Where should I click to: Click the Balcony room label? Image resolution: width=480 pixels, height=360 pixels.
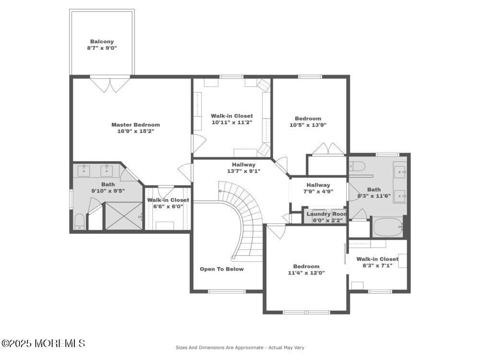102,42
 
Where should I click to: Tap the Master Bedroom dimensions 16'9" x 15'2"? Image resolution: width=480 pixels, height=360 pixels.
135,131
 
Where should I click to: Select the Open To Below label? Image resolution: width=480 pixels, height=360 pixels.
222,269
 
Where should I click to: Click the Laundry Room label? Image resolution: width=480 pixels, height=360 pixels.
326,214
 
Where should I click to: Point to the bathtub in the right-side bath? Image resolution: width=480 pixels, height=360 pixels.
388,227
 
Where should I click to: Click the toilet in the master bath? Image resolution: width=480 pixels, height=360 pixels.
80,222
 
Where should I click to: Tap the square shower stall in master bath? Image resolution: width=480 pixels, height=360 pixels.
124,216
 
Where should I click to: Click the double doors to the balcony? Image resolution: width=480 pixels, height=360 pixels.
110,84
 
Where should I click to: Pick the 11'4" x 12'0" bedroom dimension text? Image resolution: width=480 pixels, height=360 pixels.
306,273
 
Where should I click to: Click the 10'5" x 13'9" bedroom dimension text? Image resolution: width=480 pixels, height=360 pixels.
308,125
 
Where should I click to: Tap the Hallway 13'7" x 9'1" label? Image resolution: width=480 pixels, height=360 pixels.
243,171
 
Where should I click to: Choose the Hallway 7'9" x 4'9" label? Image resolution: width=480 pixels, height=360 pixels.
318,191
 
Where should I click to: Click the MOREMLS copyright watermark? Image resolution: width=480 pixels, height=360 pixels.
43,343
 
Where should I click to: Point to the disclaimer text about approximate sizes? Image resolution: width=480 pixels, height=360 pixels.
240,347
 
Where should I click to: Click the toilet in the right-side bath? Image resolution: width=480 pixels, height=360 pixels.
357,167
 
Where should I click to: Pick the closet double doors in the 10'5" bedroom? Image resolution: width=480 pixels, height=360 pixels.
328,149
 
